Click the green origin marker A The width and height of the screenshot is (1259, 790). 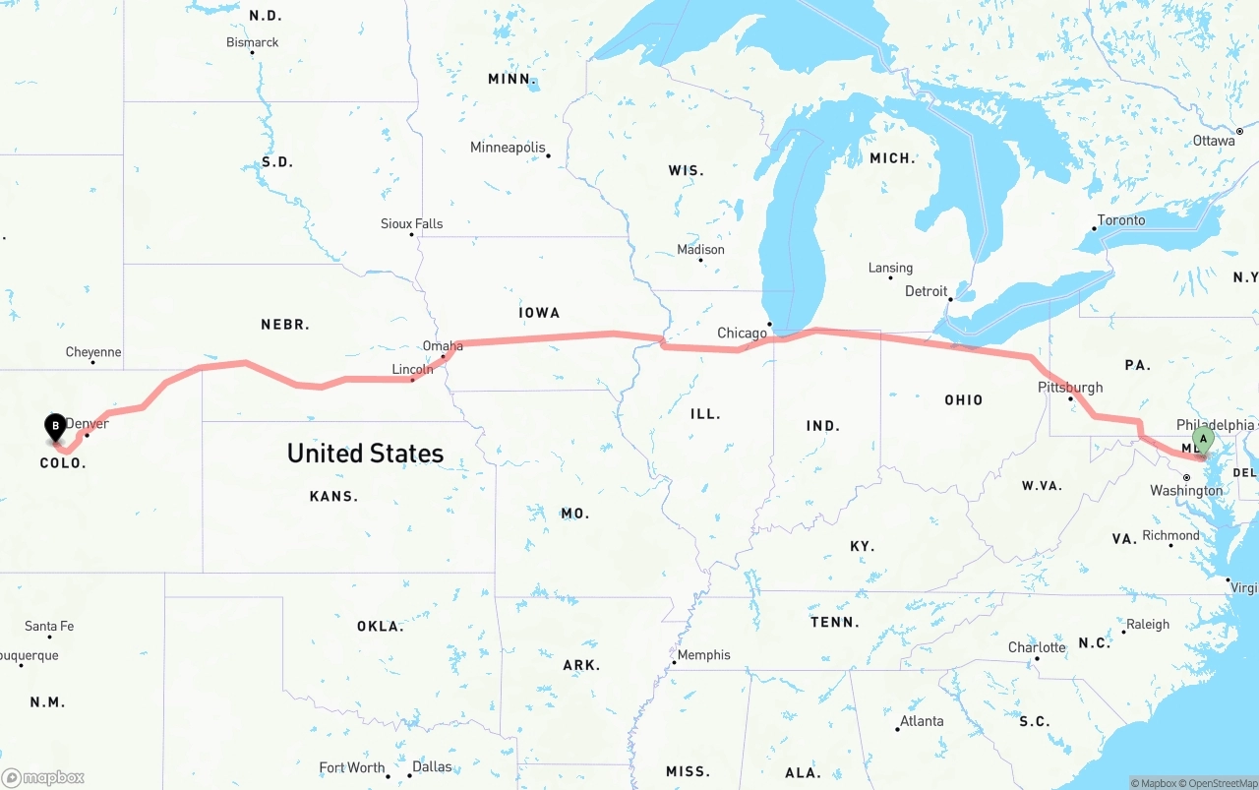point(1202,439)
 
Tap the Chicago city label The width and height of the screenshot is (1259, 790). point(742,334)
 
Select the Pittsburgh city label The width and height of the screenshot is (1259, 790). point(1070,388)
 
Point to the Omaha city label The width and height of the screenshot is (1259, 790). point(443,346)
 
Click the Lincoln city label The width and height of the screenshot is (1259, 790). point(412,370)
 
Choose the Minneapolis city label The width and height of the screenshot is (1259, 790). point(508,148)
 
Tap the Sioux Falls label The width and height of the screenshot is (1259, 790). point(411,224)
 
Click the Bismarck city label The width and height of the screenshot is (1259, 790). point(253,42)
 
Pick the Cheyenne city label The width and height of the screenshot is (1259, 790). point(93,352)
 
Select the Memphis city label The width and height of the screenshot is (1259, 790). point(704,655)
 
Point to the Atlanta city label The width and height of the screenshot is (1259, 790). point(922,721)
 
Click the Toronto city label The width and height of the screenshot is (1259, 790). point(1121,220)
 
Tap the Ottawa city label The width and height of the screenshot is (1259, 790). point(1214,141)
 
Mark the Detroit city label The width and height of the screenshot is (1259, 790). point(926,291)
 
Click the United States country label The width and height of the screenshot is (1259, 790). point(365,454)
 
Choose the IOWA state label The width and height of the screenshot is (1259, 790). point(539,313)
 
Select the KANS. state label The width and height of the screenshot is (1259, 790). point(333,497)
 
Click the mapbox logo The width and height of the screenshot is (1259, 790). point(43,777)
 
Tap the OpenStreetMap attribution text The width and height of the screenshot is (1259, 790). point(1222,783)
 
